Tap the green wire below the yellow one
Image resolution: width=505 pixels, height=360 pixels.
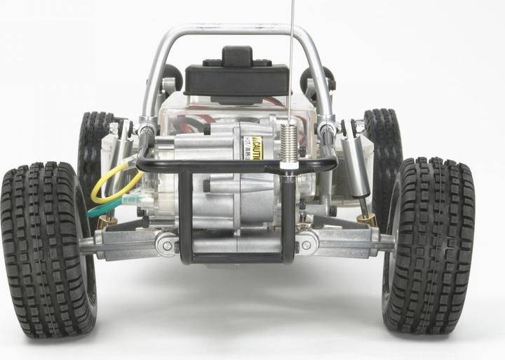(105, 208)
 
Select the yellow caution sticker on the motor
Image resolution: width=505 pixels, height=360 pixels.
(252, 147)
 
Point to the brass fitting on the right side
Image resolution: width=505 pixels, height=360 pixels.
(367, 219)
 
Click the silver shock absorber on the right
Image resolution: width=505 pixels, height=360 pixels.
(358, 166)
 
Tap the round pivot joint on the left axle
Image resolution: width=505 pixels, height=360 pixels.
(166, 244)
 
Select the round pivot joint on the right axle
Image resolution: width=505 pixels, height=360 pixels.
(307, 242)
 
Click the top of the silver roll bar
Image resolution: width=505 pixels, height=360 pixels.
(231, 29)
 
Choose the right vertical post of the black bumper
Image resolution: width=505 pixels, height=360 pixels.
(288, 218)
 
